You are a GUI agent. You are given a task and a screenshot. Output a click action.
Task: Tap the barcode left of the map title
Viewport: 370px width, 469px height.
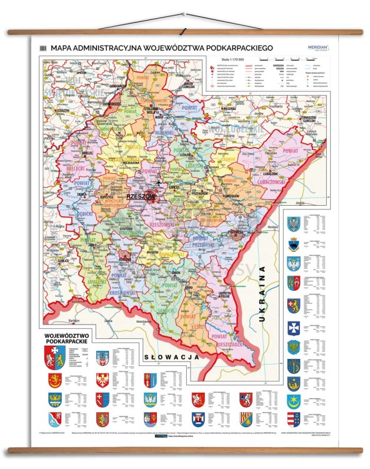tap(44, 48)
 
